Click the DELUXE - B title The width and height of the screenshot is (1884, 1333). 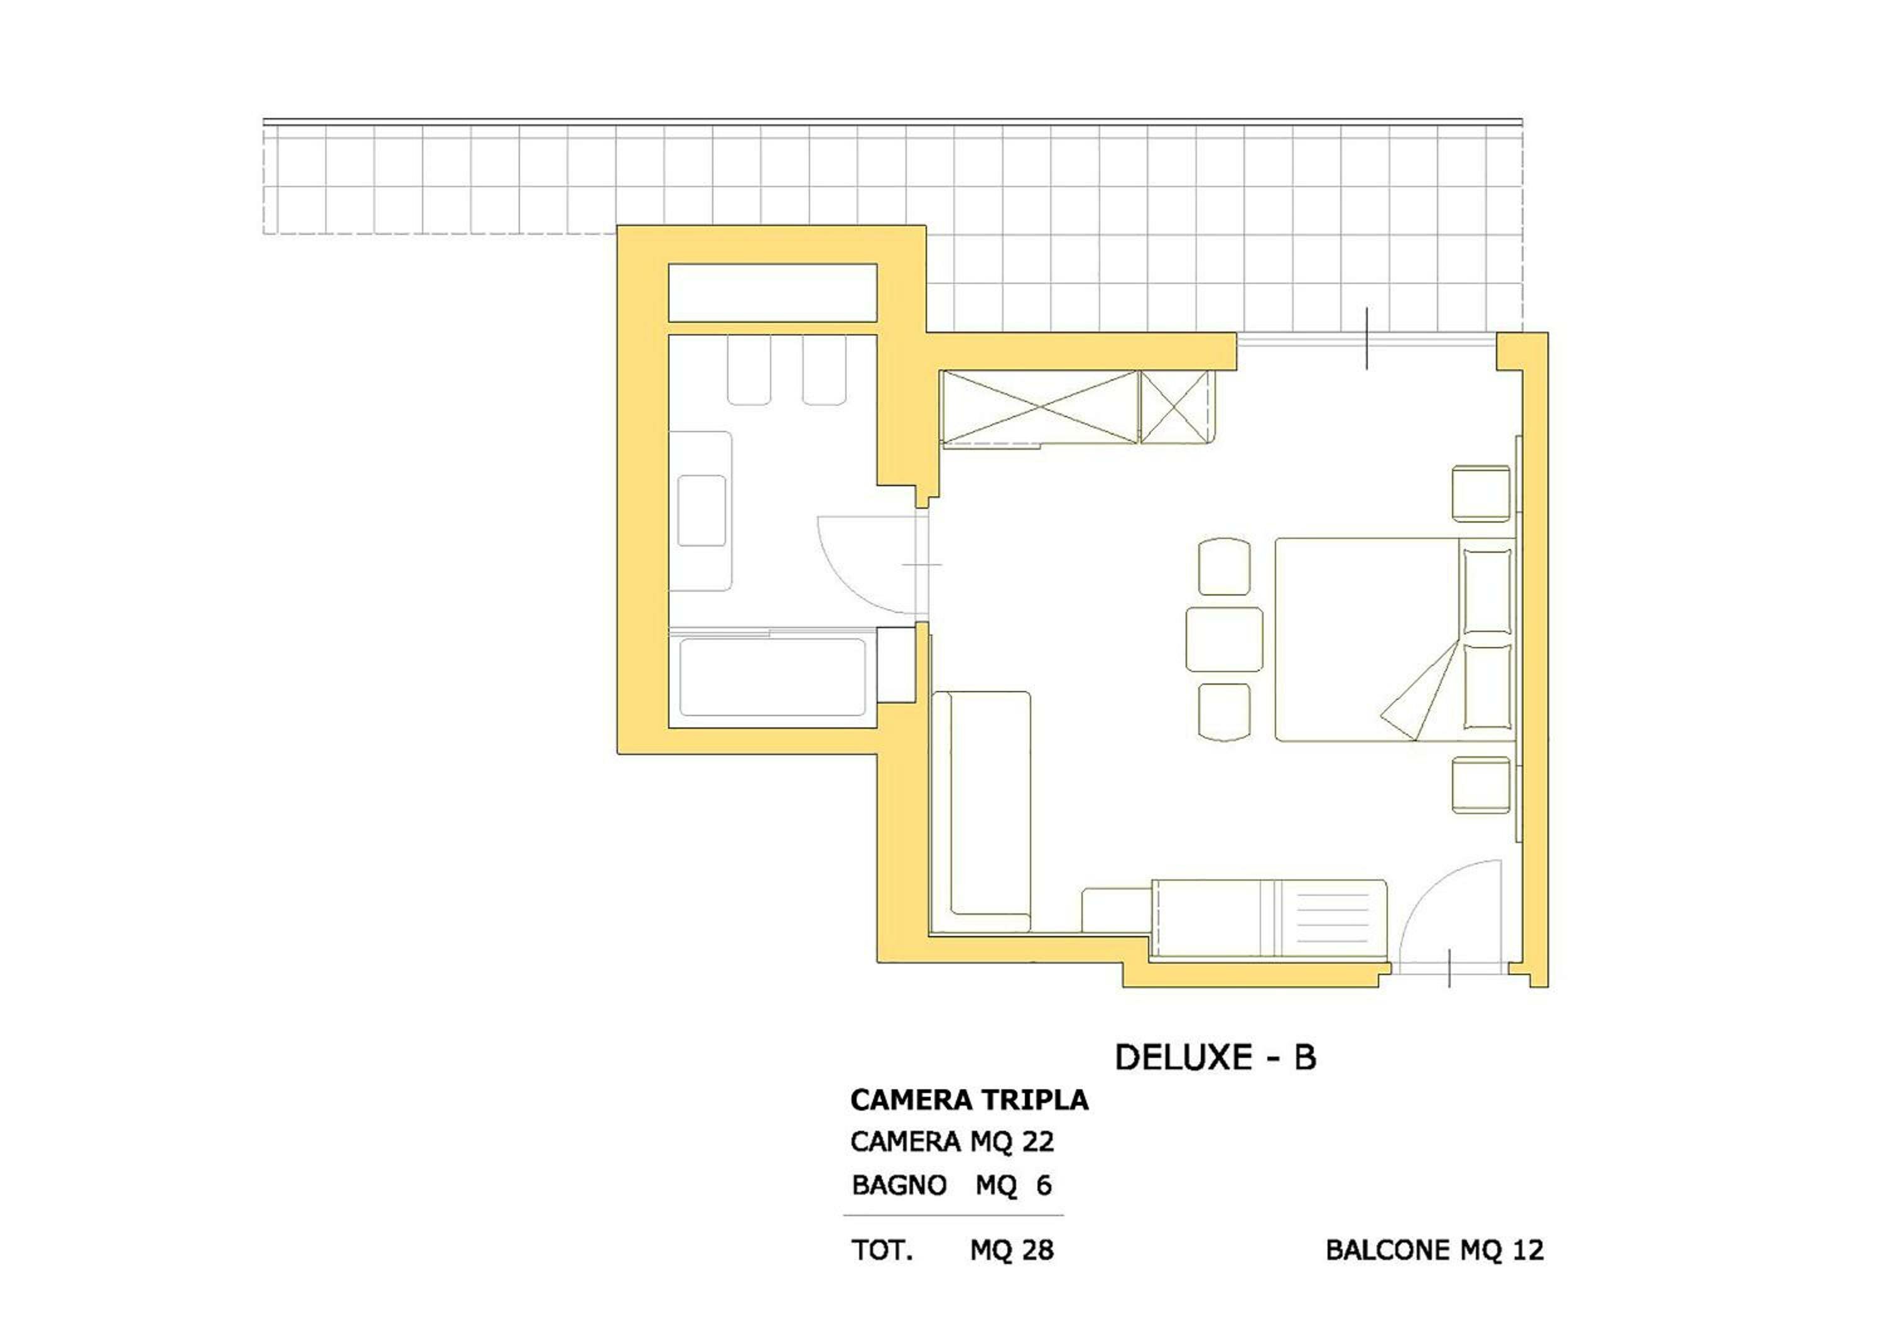click(x=1215, y=1057)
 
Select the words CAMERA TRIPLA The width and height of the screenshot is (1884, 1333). click(x=969, y=1100)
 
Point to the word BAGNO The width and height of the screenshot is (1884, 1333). click(x=899, y=1185)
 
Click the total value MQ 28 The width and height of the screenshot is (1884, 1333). click(x=1011, y=1250)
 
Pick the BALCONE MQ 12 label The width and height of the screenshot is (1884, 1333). click(x=1434, y=1250)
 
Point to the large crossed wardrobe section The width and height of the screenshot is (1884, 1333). click(x=1039, y=406)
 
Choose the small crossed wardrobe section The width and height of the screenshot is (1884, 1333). click(x=1174, y=406)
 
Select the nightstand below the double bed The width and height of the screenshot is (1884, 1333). click(x=1480, y=785)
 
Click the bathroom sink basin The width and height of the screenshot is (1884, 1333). click(x=701, y=511)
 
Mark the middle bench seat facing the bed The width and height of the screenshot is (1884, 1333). click(x=1223, y=639)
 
